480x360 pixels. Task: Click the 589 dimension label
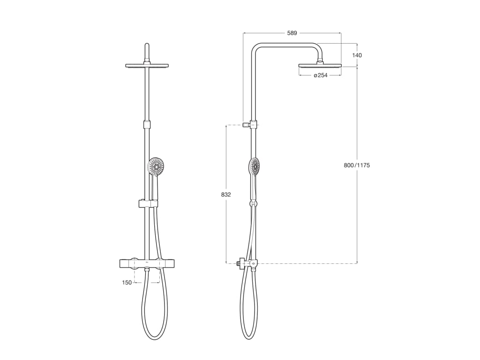[x=292, y=33]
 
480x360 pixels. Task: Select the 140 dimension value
[x=357, y=55]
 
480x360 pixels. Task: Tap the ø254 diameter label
[x=321, y=75]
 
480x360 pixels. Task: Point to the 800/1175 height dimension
[x=357, y=165]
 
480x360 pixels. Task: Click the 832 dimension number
[x=226, y=194]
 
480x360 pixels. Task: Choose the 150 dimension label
[x=127, y=283]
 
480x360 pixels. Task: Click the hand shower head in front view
[x=156, y=166]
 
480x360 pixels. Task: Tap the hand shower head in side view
[x=255, y=166]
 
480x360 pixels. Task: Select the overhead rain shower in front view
[x=147, y=66]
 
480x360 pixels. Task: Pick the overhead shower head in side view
[x=320, y=66]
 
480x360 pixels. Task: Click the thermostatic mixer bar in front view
[x=147, y=263]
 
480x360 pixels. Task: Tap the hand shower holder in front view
[x=148, y=203]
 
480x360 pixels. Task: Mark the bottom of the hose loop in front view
[x=155, y=339]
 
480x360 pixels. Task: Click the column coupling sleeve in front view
[x=147, y=125]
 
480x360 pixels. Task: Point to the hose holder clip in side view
[x=254, y=203]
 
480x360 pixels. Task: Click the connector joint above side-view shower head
[x=321, y=61]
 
